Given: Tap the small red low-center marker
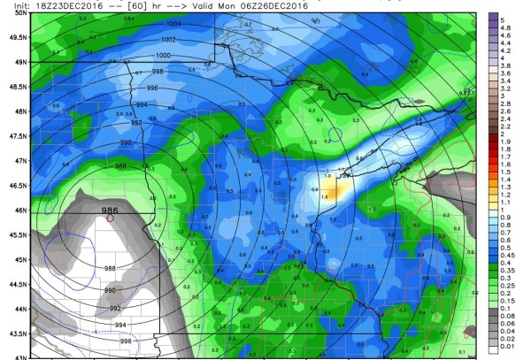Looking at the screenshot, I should point(110,218).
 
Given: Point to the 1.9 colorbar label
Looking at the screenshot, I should point(503,141).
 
